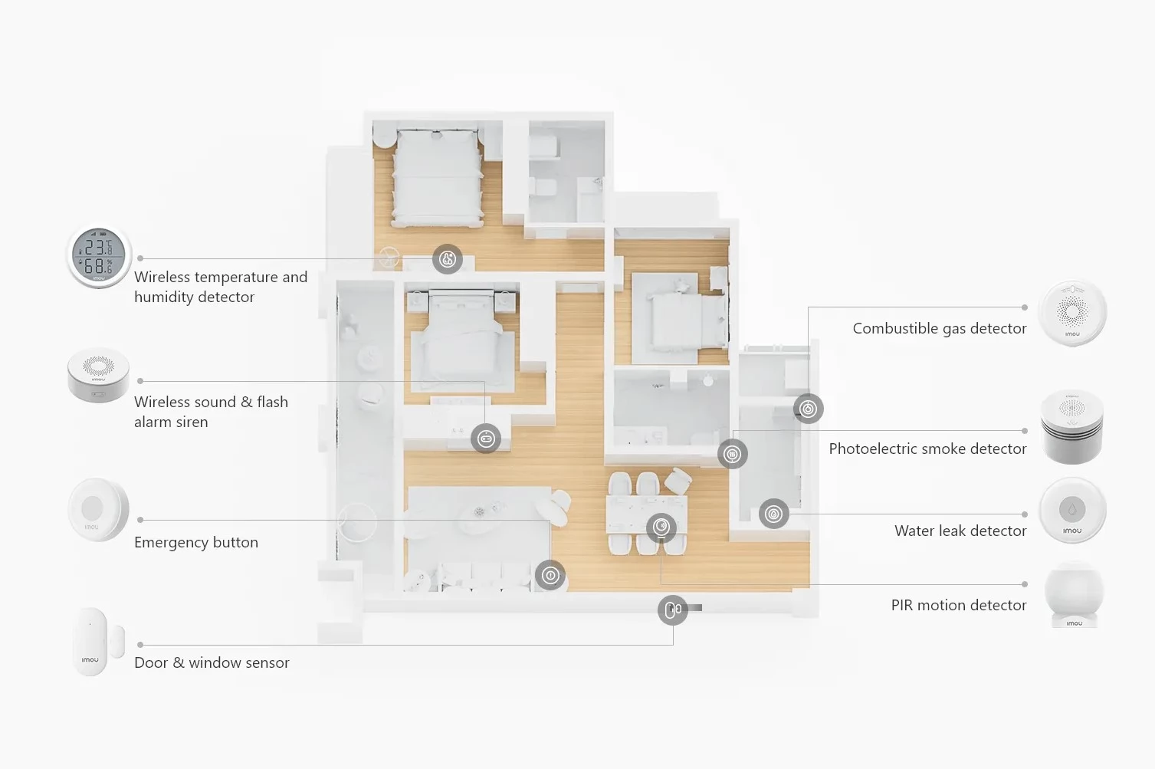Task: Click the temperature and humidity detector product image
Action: point(98,256)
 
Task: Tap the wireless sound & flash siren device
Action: point(98,375)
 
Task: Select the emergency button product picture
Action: point(98,510)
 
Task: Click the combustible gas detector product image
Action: point(1072,313)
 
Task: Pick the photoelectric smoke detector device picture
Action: point(1072,427)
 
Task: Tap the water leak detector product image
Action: point(1072,510)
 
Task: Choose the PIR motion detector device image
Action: point(1074,595)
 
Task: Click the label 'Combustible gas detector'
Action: point(940,329)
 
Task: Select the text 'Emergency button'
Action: point(196,542)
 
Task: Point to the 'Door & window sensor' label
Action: point(212,662)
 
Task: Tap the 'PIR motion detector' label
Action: point(959,605)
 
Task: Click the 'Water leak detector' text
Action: point(960,531)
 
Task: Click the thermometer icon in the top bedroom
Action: point(447,259)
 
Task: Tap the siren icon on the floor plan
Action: point(486,439)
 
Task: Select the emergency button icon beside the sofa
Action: point(550,575)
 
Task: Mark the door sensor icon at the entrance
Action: point(672,610)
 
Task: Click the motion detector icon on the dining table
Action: point(661,527)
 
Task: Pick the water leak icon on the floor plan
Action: point(773,514)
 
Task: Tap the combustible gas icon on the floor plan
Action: point(808,409)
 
